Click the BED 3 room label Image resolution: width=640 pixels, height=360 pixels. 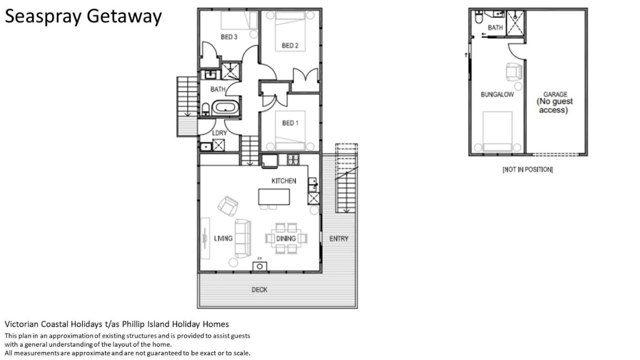point(229,37)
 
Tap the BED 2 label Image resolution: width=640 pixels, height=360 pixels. point(290,45)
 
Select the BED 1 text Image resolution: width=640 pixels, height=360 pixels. point(290,123)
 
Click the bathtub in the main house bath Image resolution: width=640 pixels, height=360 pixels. point(225,108)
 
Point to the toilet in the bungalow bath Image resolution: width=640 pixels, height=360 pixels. point(478,17)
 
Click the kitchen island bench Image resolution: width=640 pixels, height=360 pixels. point(274,197)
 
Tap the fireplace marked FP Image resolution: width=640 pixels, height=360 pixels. point(260,266)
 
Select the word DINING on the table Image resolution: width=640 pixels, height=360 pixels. point(286,238)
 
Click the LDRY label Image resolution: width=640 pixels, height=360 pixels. point(219,133)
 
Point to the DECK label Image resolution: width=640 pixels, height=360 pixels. point(260,290)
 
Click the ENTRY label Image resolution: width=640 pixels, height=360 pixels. point(339,238)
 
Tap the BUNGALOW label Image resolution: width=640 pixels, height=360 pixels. point(497,95)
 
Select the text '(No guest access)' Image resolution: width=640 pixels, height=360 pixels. point(555,106)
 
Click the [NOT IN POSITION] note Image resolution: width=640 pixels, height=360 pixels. point(528,169)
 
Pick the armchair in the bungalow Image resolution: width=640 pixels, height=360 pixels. point(514,72)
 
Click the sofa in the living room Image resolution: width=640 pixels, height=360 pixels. point(243,238)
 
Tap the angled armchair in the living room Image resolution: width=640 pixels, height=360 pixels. point(228,206)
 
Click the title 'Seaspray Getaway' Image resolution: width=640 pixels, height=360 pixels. point(83,16)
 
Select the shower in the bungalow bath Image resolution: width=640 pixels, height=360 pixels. point(515,23)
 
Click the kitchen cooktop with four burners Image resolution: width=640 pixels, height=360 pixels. point(293,159)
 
